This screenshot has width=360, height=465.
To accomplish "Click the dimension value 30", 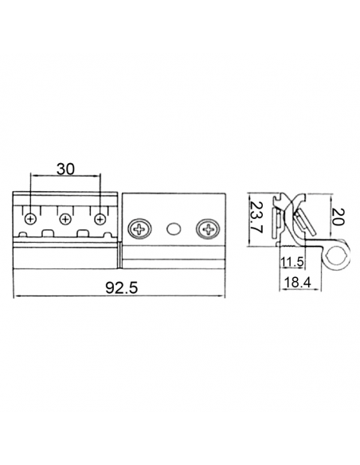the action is [65, 170].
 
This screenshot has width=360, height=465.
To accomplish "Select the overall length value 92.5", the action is [122, 287].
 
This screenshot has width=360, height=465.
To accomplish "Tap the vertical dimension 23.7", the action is [256, 217].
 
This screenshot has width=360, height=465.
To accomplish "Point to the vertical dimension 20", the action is [338, 217].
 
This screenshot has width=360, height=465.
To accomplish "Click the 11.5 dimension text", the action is [292, 262].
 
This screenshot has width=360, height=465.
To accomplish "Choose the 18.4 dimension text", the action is [297, 283].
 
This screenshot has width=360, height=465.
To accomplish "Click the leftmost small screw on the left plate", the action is [30, 220].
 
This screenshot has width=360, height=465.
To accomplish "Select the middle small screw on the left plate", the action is [65, 220].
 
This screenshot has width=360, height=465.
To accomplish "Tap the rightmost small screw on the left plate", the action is [100, 220].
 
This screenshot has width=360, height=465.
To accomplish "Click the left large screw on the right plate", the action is [139, 229].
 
